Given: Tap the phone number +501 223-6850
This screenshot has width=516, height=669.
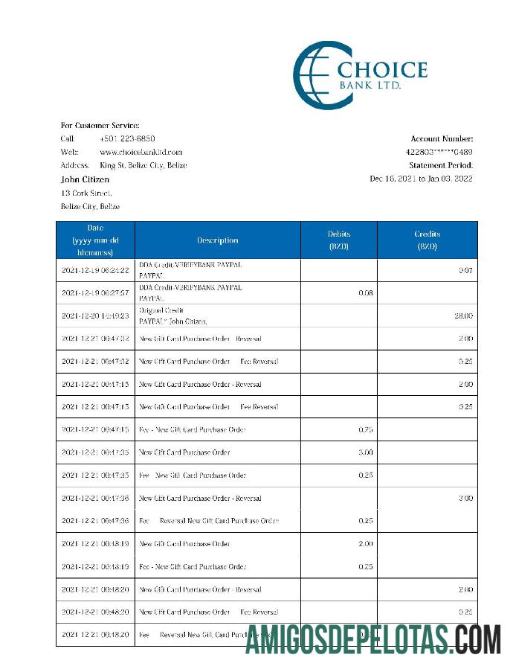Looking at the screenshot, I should pos(127,138).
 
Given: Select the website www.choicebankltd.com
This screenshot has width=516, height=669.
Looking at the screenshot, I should pos(141,152).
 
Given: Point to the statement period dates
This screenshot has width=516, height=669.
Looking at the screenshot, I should pos(421,179).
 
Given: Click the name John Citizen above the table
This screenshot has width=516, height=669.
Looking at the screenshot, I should pos(85,179).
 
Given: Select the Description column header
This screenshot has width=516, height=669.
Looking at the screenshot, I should pos(217,240).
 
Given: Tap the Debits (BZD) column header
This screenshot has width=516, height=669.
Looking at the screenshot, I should pos(338,240).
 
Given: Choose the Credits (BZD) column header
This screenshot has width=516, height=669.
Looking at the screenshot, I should pos(427,240).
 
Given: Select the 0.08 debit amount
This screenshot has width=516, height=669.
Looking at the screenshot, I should pos(365,293).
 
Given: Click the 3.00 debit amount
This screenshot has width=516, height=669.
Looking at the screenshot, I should pos(365,452).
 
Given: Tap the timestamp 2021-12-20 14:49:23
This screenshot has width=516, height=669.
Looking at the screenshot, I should pos(95,316).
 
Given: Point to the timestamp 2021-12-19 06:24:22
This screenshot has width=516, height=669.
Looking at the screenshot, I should pos(95,270).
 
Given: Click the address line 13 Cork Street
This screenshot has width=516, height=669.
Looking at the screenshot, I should pos(86,193).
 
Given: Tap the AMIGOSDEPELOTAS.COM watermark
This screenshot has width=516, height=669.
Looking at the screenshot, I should pos(373,638).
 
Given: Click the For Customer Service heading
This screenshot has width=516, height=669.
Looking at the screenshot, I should pos(100,125).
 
